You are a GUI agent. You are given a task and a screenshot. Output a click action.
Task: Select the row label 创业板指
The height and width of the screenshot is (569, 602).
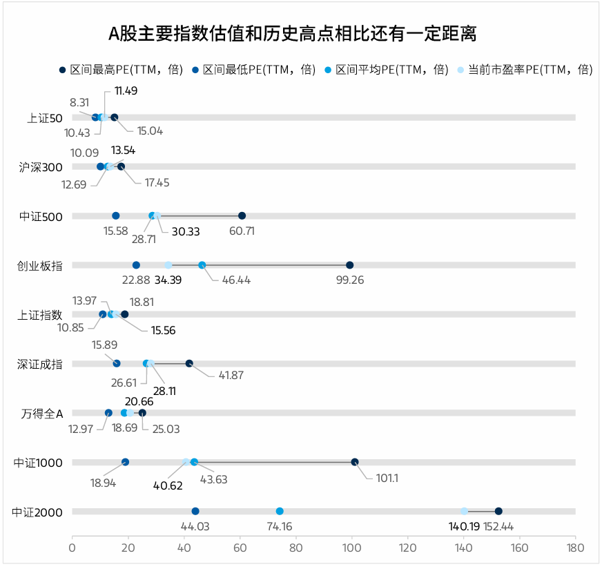(x=39, y=266)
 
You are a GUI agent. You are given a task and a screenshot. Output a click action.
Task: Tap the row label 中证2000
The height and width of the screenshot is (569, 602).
(x=37, y=512)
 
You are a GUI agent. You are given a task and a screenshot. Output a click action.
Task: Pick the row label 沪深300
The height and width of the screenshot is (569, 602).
(x=41, y=167)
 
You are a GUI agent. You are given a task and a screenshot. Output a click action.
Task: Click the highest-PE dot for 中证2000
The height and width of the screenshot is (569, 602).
(x=498, y=511)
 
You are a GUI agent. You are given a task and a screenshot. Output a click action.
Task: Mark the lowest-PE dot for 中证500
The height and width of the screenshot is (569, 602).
(x=116, y=216)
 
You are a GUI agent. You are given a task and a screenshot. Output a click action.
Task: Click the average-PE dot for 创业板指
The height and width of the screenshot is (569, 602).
(x=202, y=265)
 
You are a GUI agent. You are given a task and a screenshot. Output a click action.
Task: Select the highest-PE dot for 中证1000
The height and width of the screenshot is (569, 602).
(x=355, y=462)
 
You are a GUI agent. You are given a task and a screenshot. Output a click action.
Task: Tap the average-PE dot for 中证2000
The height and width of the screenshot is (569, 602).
(x=280, y=511)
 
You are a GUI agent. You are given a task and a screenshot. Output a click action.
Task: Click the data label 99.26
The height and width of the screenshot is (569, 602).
(x=349, y=280)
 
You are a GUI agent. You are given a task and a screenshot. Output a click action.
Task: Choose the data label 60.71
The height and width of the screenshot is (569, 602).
(x=242, y=231)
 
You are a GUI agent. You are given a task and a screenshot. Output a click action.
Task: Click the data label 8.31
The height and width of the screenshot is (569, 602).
(x=79, y=102)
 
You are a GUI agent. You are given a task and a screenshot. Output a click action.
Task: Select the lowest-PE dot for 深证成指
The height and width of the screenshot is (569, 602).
(x=117, y=364)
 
